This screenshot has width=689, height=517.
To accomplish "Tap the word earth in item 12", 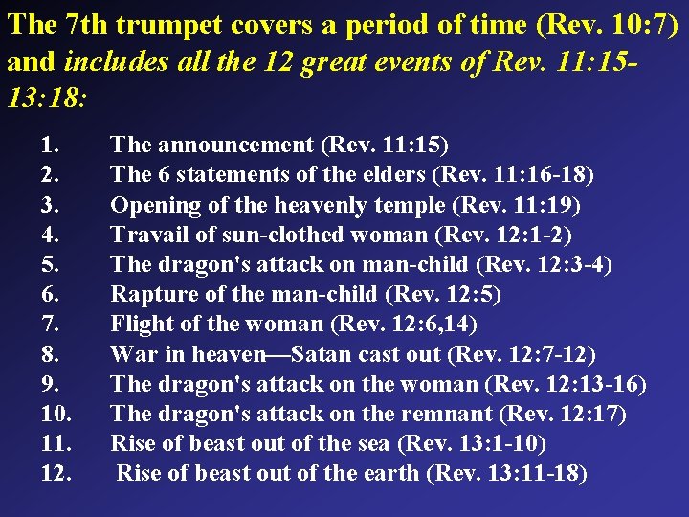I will tap(390, 473).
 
